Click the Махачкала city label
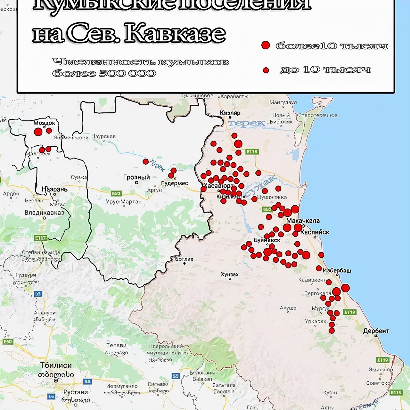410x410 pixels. point(303,221)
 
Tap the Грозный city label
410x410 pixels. point(136,177)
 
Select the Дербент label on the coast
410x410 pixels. point(376,331)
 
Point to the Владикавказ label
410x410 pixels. point(44,213)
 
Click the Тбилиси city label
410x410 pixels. point(56,365)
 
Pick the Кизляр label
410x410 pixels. point(230,113)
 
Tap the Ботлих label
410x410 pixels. point(184,259)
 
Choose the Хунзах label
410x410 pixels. point(230,275)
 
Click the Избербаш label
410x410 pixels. point(337,270)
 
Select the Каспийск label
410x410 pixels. point(315,232)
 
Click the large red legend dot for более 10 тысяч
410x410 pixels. point(266,45)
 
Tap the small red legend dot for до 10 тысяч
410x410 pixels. point(266,70)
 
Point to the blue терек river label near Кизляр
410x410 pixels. point(247,123)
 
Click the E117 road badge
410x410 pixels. point(41,238)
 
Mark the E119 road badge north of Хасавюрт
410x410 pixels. point(252,152)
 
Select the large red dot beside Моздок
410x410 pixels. point(38,132)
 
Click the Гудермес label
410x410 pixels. point(175,184)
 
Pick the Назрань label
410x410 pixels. point(55,189)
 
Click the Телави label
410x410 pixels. point(116,345)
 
